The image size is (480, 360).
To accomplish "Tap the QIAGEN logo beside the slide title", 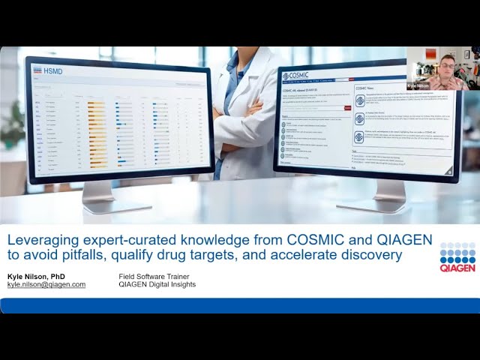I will coord(457,257).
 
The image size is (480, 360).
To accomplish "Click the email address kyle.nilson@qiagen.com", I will coord(46,285).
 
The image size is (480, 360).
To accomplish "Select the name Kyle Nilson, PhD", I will coord(37,277).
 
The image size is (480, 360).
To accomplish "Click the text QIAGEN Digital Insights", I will coord(157,285).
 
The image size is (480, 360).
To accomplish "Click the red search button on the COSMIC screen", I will coord(347,108).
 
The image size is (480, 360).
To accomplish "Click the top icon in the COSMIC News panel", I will coord(360,100).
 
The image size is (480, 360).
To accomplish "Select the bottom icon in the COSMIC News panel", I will coord(360,137).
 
